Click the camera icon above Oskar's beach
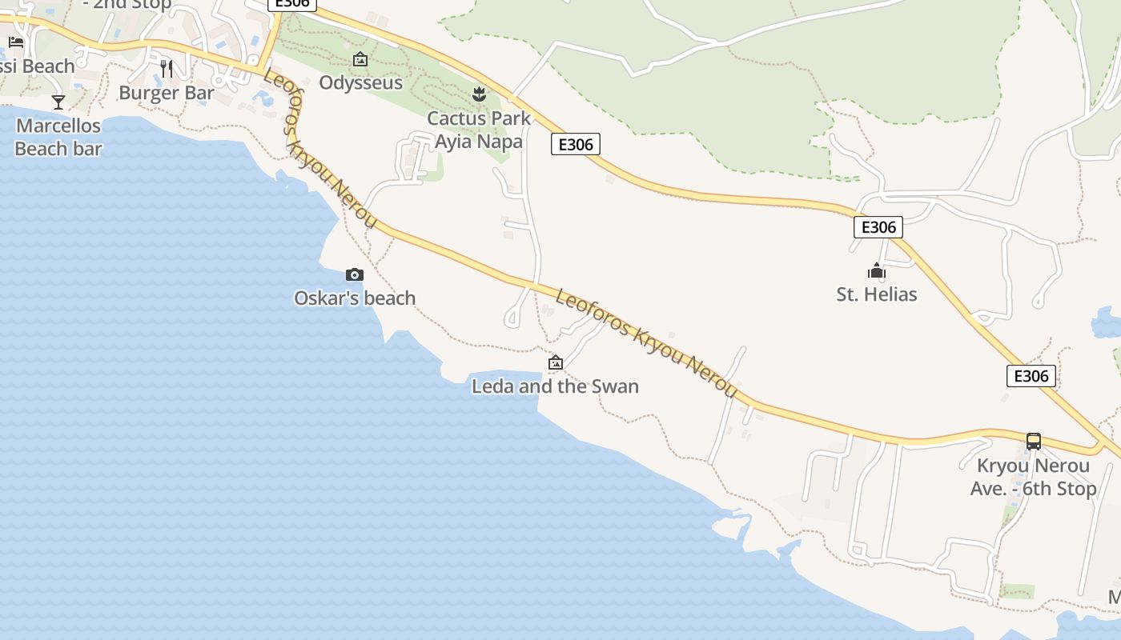[354, 274]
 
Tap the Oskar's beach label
[355, 298]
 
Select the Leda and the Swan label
[555, 386]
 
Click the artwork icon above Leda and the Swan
[555, 362]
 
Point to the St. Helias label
[877, 294]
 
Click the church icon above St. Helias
[877, 271]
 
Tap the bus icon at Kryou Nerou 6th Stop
[1034, 441]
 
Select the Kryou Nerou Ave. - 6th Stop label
[1033, 478]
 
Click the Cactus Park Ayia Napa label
[479, 130]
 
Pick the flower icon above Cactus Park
[479, 94]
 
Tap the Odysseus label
[360, 82]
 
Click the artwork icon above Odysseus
[360, 59]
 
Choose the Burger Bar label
[167, 93]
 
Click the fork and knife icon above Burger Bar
[167, 69]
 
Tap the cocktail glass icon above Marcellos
[58, 102]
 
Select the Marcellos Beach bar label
[58, 137]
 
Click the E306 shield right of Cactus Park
[575, 144]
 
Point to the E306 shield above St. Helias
[878, 227]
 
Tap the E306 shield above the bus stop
[1031, 376]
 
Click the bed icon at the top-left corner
[16, 42]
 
